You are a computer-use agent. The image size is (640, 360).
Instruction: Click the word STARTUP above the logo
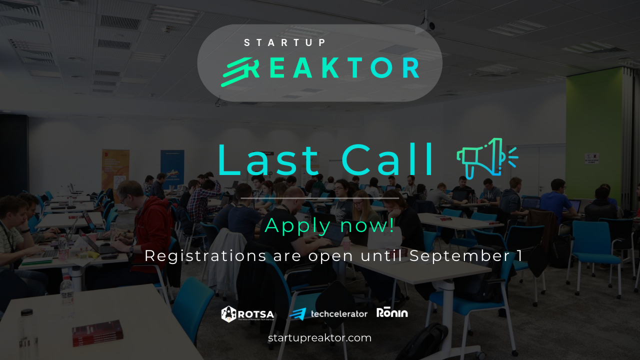(285, 43)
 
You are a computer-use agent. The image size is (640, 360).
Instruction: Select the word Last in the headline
(268, 160)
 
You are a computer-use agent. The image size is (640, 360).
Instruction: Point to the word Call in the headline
(389, 160)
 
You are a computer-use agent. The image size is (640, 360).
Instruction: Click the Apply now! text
(329, 225)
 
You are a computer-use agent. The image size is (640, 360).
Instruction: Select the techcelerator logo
(328, 314)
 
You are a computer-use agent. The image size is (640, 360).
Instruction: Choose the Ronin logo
(392, 313)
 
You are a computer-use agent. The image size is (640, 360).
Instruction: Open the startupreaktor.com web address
(319, 338)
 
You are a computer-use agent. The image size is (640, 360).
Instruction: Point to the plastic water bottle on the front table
(67, 298)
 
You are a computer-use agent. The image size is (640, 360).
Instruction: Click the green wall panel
(594, 130)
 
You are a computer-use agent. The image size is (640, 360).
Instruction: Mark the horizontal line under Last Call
(319, 198)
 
